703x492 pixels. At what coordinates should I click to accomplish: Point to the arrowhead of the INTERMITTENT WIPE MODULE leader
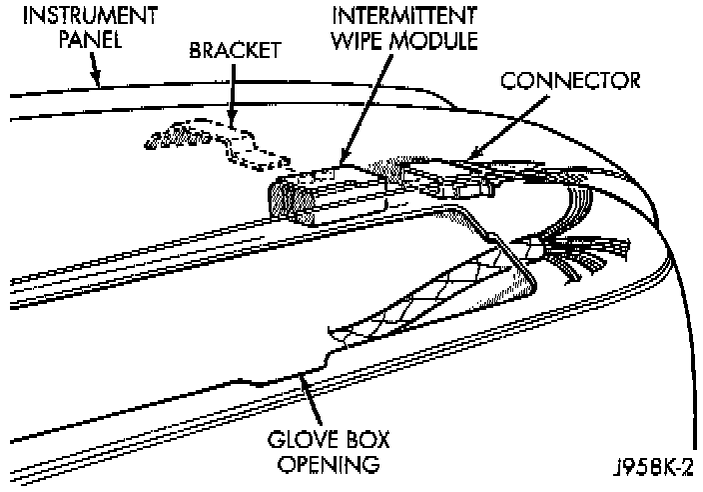343,162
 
